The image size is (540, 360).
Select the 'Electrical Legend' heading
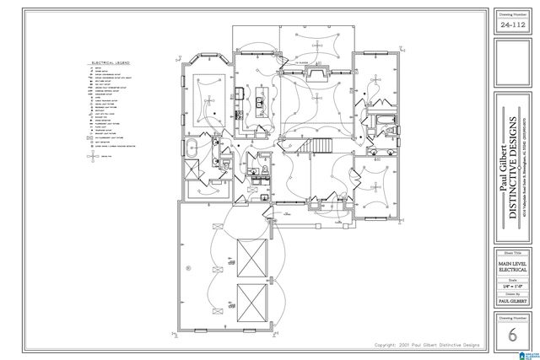(x=109, y=62)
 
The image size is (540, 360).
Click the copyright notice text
(x=429, y=347)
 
